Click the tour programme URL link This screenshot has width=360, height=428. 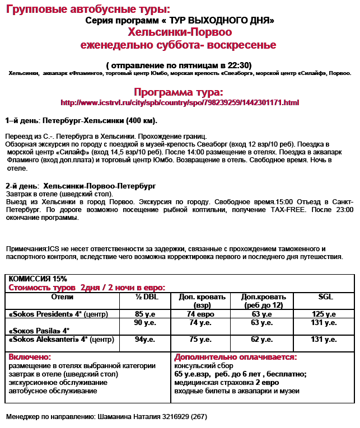pyautogui.click(x=180, y=103)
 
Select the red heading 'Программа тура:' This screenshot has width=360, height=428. pyautogui.click(x=179, y=92)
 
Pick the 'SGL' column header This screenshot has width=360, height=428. pyautogui.click(x=325, y=297)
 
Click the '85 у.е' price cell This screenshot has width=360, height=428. pyautogui.click(x=145, y=314)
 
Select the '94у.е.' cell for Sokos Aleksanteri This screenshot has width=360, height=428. pyautogui.click(x=145, y=339)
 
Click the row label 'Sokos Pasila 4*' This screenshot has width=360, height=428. pyautogui.click(x=39, y=330)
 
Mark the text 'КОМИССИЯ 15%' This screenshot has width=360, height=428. pyautogui.click(x=38, y=278)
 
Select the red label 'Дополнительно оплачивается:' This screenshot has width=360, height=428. pyautogui.click(x=236, y=357)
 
